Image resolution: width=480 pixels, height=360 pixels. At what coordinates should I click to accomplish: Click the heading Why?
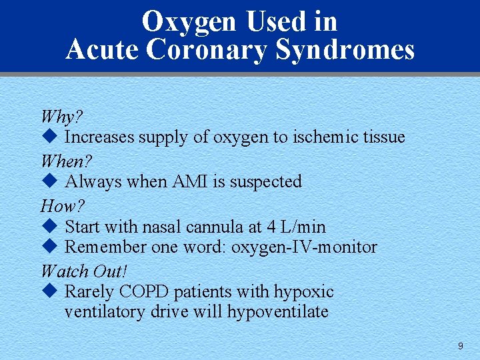[61, 117]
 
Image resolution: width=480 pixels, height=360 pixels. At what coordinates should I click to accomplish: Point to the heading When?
[66, 161]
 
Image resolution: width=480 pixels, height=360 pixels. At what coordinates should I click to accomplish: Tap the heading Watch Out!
[83, 271]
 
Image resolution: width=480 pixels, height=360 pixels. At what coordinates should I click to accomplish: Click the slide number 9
[460, 346]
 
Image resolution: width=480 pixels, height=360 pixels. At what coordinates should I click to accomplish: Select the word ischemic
[325, 137]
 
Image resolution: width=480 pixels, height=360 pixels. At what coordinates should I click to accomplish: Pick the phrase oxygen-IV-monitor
[304, 247]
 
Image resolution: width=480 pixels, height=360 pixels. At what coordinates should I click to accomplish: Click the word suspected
[266, 181]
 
